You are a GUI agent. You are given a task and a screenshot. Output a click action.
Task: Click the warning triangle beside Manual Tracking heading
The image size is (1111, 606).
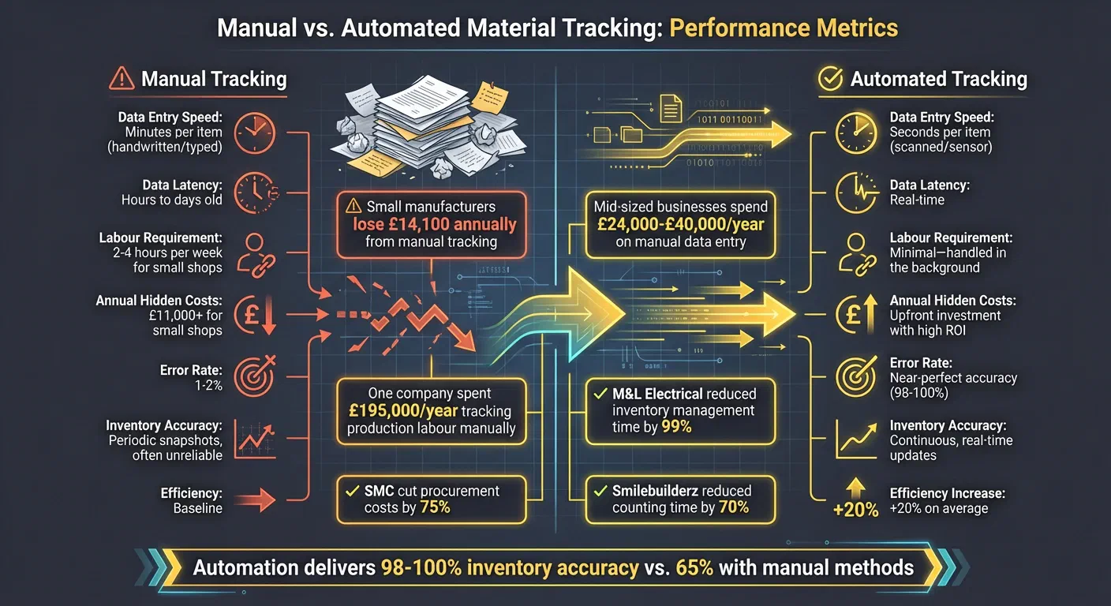[122, 78]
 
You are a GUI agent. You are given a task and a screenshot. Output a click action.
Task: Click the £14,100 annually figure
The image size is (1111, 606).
[434, 224]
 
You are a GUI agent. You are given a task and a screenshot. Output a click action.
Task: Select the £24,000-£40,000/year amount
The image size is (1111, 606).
[681, 224]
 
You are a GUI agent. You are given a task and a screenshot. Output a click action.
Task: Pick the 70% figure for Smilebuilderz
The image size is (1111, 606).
[733, 507]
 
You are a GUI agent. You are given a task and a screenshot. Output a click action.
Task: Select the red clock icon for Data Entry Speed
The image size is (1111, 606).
[254, 129]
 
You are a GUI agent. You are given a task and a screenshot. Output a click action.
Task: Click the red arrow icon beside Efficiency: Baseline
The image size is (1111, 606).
[254, 499]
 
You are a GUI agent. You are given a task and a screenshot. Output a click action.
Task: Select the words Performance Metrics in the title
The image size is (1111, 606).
[783, 28]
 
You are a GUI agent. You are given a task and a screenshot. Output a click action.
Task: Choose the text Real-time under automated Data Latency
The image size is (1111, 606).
[917, 200]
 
